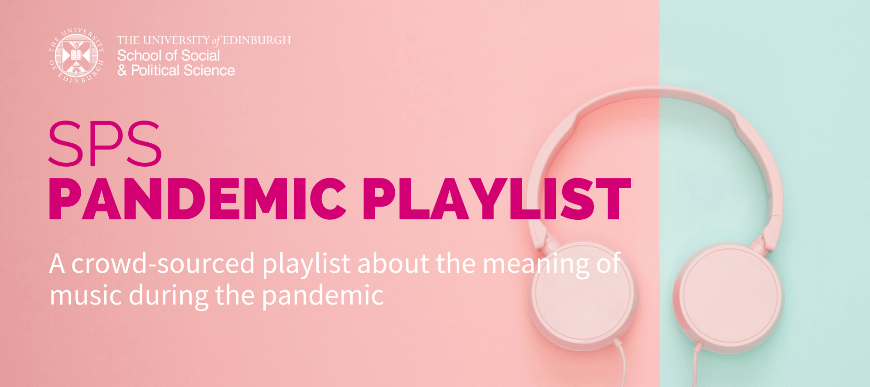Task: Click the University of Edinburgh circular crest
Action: (77, 56)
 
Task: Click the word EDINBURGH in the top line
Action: (257, 40)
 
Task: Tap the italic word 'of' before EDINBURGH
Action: (216, 41)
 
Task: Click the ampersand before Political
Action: (122, 71)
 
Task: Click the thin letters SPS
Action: (105, 144)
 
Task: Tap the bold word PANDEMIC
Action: (198, 199)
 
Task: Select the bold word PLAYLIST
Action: (496, 199)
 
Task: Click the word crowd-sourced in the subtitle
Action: (163, 263)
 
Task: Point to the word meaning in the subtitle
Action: (536, 265)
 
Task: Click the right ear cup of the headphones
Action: (729, 298)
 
